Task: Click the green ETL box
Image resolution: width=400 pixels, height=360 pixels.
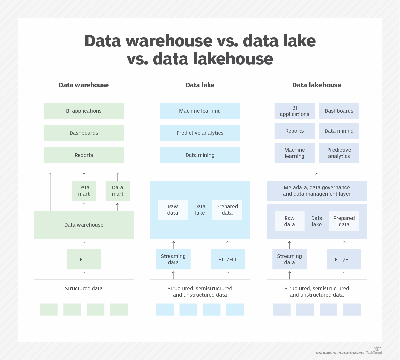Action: tap(84, 259)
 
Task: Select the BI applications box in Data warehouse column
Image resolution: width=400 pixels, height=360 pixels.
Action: tap(84, 111)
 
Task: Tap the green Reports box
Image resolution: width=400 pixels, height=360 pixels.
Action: tap(84, 155)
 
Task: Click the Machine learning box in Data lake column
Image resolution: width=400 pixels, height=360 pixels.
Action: tap(200, 111)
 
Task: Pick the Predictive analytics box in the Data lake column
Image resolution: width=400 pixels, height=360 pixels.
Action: tap(200, 133)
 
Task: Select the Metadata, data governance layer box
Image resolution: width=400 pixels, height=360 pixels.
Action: tap(317, 191)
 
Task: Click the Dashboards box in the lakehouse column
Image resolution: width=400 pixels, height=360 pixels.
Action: tap(339, 111)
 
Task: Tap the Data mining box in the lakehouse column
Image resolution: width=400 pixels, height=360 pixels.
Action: tap(339, 131)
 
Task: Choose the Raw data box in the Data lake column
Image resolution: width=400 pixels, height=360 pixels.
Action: tap(173, 210)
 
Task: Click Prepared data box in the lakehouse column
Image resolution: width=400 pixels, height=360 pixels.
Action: tap(344, 221)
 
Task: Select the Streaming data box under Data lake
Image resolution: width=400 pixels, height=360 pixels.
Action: tap(173, 259)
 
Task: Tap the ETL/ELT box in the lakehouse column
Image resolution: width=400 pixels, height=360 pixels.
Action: tap(344, 259)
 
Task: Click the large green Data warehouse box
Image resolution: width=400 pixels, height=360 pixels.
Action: tap(84, 225)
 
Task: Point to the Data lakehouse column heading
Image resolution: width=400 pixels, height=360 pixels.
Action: tap(317, 85)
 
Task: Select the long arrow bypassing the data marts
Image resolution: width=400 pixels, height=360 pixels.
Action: tap(50, 192)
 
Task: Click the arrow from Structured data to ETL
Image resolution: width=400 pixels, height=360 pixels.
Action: tap(84, 275)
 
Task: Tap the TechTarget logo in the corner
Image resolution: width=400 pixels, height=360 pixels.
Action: tap(374, 351)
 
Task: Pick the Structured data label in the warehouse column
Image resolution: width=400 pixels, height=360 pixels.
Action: tap(84, 288)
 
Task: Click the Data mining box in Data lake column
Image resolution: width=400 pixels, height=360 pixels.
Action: tap(200, 155)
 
